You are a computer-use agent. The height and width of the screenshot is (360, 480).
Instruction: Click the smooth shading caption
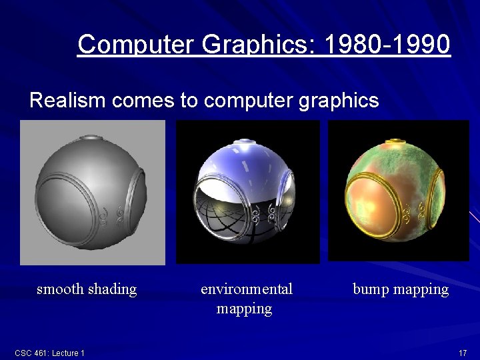pos(87,289)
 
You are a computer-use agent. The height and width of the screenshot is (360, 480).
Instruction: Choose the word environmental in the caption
pos(247,289)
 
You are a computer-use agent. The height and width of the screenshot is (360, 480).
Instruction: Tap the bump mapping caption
pos(401,289)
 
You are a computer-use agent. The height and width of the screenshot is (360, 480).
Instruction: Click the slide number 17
pos(462,352)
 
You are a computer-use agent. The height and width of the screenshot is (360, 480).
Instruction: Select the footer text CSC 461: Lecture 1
pos(49,353)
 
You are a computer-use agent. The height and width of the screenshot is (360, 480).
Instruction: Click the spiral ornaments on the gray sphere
pos(111,214)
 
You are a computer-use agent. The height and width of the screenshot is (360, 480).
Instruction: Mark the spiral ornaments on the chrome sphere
pos(265,215)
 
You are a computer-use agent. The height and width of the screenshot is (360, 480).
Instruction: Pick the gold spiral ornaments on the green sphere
pos(415,215)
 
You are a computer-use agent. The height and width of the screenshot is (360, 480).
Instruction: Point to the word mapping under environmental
pos(244,309)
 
